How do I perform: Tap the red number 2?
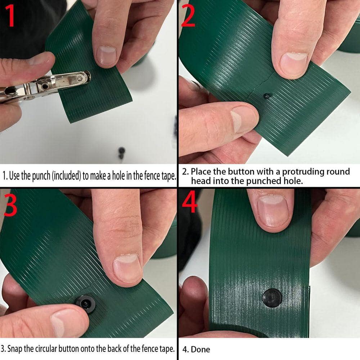(x=188, y=15)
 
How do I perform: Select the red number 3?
(x=10, y=205)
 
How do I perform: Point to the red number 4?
(x=190, y=202)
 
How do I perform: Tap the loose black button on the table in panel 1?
(x=121, y=153)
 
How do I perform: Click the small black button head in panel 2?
(x=267, y=96)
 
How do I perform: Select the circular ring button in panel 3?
(x=85, y=303)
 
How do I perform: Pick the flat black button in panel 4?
(x=273, y=298)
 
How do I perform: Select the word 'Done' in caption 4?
(x=201, y=350)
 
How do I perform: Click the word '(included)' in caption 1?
(x=67, y=176)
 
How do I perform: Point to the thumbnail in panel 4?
(x=273, y=210)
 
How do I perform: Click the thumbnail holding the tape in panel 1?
(x=106, y=56)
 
